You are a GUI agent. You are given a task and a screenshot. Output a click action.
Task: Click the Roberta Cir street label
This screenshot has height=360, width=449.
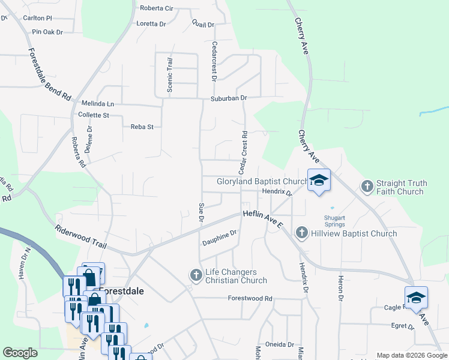coord(156,8)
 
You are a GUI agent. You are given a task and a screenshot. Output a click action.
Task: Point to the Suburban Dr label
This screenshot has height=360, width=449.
coord(228,98)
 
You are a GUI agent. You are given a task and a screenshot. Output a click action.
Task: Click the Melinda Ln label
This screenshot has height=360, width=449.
coord(97,104)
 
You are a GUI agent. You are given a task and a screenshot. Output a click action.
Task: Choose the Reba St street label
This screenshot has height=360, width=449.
coord(142,127)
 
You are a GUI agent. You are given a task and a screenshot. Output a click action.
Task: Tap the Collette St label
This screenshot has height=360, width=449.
coord(93,115)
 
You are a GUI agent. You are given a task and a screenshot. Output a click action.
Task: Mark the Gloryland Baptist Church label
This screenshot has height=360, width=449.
coord(262,181)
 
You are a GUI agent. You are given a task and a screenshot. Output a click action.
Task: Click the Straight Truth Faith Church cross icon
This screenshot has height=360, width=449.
coord(367,187)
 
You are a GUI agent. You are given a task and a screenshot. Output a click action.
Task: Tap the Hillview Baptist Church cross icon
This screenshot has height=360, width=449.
coord(301,233)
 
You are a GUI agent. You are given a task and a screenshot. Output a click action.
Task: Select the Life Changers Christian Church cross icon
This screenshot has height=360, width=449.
coord(196,275)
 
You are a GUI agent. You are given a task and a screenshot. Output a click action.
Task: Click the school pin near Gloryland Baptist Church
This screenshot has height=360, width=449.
coord(319,180)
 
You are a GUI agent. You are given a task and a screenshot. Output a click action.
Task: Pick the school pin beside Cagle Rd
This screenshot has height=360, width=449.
coord(416,297)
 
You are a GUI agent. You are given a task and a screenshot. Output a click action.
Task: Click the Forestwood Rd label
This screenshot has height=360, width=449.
coord(250,298)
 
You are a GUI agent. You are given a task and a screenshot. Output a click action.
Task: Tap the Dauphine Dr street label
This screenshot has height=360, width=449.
coord(219,239)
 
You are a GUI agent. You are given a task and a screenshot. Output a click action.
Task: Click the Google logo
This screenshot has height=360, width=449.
coord(20,353)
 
